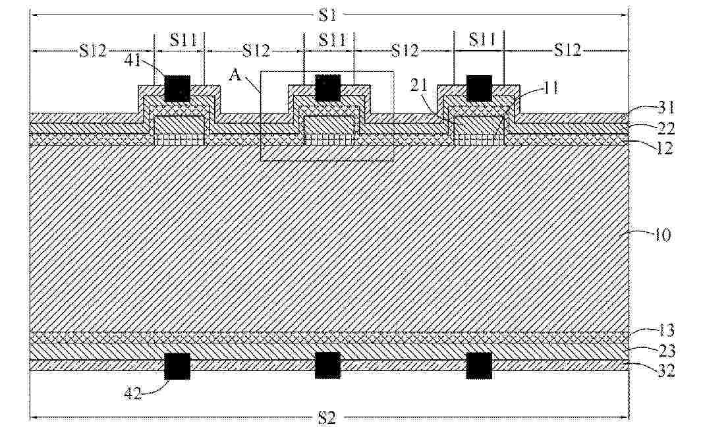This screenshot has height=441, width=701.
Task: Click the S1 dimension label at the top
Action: pos(327,16)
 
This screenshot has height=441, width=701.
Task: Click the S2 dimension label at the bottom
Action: pos(327,418)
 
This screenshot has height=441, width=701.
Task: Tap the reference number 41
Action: pos(132,60)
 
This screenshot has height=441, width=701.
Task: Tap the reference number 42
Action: pos(133,393)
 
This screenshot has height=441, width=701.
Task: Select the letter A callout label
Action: pos(236,74)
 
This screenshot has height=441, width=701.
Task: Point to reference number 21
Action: pos(419,84)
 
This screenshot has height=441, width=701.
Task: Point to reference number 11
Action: pos(550,88)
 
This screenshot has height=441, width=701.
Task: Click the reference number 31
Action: pos(665,108)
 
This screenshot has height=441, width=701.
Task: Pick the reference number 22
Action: pos(665,129)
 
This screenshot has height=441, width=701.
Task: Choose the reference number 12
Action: pos(665,148)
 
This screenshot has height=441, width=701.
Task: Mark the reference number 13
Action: pos(665,330)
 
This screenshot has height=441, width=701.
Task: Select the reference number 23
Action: pos(665,351)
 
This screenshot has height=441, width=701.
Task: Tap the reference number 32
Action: pos(665,370)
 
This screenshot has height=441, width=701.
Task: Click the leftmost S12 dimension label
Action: pos(93,51)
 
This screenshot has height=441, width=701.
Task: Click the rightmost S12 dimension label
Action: pos(567,49)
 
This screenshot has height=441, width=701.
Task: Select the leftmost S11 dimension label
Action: pos(183,40)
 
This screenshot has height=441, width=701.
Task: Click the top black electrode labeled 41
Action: pos(177,88)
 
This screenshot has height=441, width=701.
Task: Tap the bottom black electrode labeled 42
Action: pos(177,366)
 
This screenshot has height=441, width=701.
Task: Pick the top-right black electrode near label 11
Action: pos(479,88)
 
